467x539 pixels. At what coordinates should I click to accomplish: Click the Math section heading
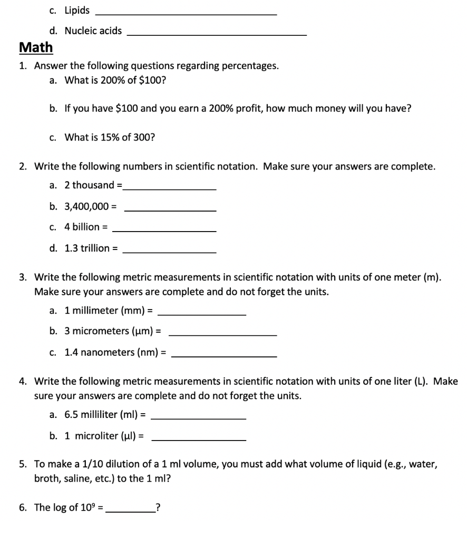pyautogui.click(x=36, y=47)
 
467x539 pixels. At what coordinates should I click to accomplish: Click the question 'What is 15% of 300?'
pyautogui.click(x=110, y=137)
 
